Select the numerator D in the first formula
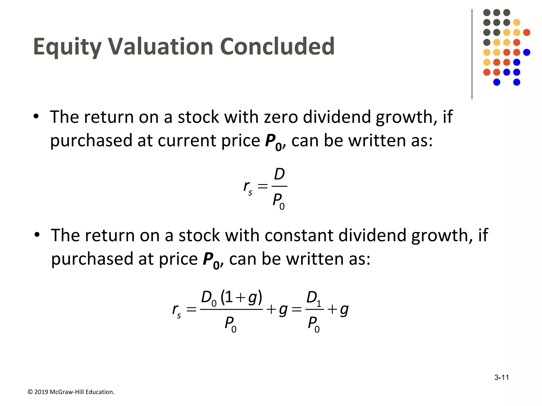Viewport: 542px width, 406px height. coord(279,174)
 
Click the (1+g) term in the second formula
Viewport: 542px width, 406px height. coord(241,297)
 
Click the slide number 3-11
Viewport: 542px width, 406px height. coord(502,377)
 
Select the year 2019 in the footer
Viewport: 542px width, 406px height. coord(41,392)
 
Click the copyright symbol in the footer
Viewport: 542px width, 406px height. coord(30,392)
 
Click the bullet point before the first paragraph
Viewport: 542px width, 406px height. coord(36,116)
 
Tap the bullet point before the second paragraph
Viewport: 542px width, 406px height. coord(37,235)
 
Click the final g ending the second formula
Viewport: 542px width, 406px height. coord(344,310)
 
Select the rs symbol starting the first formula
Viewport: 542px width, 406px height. coord(248,187)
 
